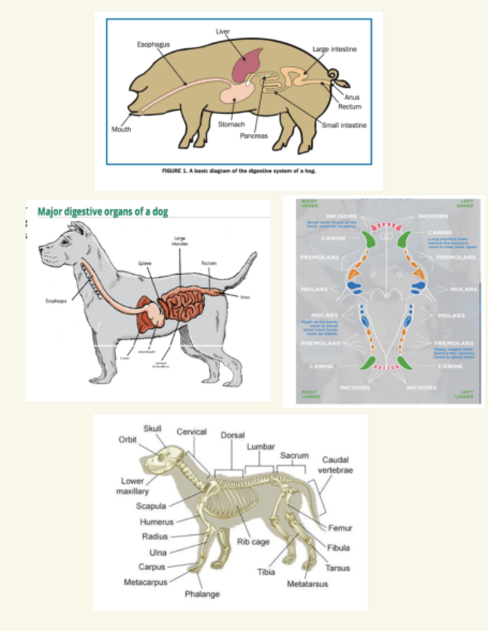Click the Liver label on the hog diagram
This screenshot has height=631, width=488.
coord(223,32)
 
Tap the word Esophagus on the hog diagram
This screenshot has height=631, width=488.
coord(153,45)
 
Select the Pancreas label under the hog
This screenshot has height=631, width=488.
coord(254,136)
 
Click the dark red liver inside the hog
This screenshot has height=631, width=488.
coord(246,65)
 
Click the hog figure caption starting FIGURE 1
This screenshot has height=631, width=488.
coord(245,171)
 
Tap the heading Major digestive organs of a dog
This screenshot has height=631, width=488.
coord(103,211)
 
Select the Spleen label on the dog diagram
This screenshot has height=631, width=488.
coord(144,263)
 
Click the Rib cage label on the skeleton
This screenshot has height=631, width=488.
coord(254,542)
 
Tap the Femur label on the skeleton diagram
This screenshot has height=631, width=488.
coord(340,528)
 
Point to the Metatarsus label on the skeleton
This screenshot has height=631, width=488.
coord(307,584)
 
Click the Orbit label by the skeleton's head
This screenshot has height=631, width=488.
coord(127,439)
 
